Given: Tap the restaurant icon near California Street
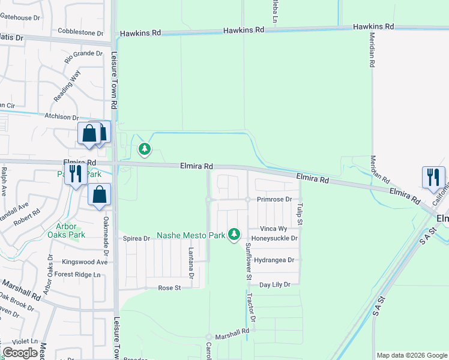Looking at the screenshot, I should (x=433, y=178).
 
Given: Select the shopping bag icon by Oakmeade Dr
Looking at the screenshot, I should (x=99, y=195).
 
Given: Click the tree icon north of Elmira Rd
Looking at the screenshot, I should (x=144, y=149).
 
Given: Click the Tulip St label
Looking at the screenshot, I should (x=299, y=210).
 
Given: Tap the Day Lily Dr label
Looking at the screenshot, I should (x=274, y=284).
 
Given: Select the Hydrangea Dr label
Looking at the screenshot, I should (x=274, y=260).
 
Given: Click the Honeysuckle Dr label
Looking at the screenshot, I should (x=274, y=238).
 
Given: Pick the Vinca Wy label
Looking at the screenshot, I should (x=274, y=229).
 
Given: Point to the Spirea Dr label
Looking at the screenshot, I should (x=136, y=238).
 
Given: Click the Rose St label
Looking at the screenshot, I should (x=169, y=288).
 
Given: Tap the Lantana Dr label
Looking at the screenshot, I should (x=191, y=263).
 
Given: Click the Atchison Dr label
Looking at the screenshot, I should (x=62, y=117).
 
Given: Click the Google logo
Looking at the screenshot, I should (x=20, y=353).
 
